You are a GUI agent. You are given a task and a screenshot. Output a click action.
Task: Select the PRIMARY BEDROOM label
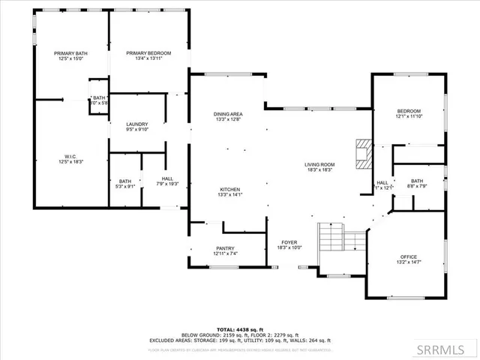tap(148, 53)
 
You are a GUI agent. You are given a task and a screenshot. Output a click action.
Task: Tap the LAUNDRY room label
tap(136, 124)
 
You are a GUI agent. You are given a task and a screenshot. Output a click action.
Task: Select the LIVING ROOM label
tap(319, 165)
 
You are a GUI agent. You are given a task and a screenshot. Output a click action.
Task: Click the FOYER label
tap(289, 242)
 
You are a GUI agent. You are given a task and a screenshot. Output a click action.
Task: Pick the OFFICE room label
tap(408, 257)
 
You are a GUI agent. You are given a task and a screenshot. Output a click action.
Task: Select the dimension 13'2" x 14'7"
tap(408, 263)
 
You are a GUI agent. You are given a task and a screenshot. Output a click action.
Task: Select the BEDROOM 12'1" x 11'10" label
tap(409, 113)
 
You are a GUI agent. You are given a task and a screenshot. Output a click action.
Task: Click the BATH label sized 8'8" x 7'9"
tap(417, 182)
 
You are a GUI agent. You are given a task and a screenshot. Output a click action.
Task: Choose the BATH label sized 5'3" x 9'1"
tap(125, 182)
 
